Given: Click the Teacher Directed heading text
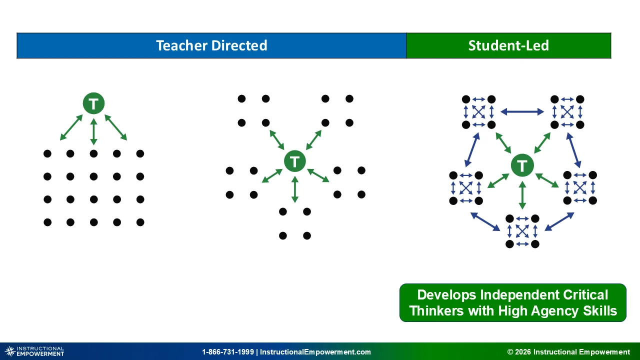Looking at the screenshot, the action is [x=211, y=45].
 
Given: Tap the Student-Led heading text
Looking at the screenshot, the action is [x=508, y=45].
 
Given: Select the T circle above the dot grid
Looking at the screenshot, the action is [x=93, y=103].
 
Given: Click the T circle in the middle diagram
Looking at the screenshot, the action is [x=295, y=161].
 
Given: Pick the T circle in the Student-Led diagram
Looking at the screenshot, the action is [x=522, y=165].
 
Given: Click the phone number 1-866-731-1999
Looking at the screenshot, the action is [x=227, y=351].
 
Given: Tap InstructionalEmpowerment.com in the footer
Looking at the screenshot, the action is [x=315, y=351].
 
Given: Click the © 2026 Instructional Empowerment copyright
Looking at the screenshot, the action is [x=568, y=351].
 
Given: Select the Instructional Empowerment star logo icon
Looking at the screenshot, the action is [x=10, y=351].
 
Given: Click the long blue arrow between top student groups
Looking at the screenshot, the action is [x=522, y=111].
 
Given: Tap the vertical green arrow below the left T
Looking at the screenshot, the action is [x=93, y=131].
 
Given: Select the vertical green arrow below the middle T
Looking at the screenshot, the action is [x=295, y=189].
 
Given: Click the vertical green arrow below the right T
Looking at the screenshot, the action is [x=522, y=195].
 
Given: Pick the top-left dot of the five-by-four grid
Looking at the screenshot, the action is [x=47, y=153].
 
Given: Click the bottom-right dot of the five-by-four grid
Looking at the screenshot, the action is [x=140, y=222].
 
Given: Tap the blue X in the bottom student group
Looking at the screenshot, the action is [x=522, y=231].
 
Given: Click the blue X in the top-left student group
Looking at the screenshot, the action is [x=478, y=112].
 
